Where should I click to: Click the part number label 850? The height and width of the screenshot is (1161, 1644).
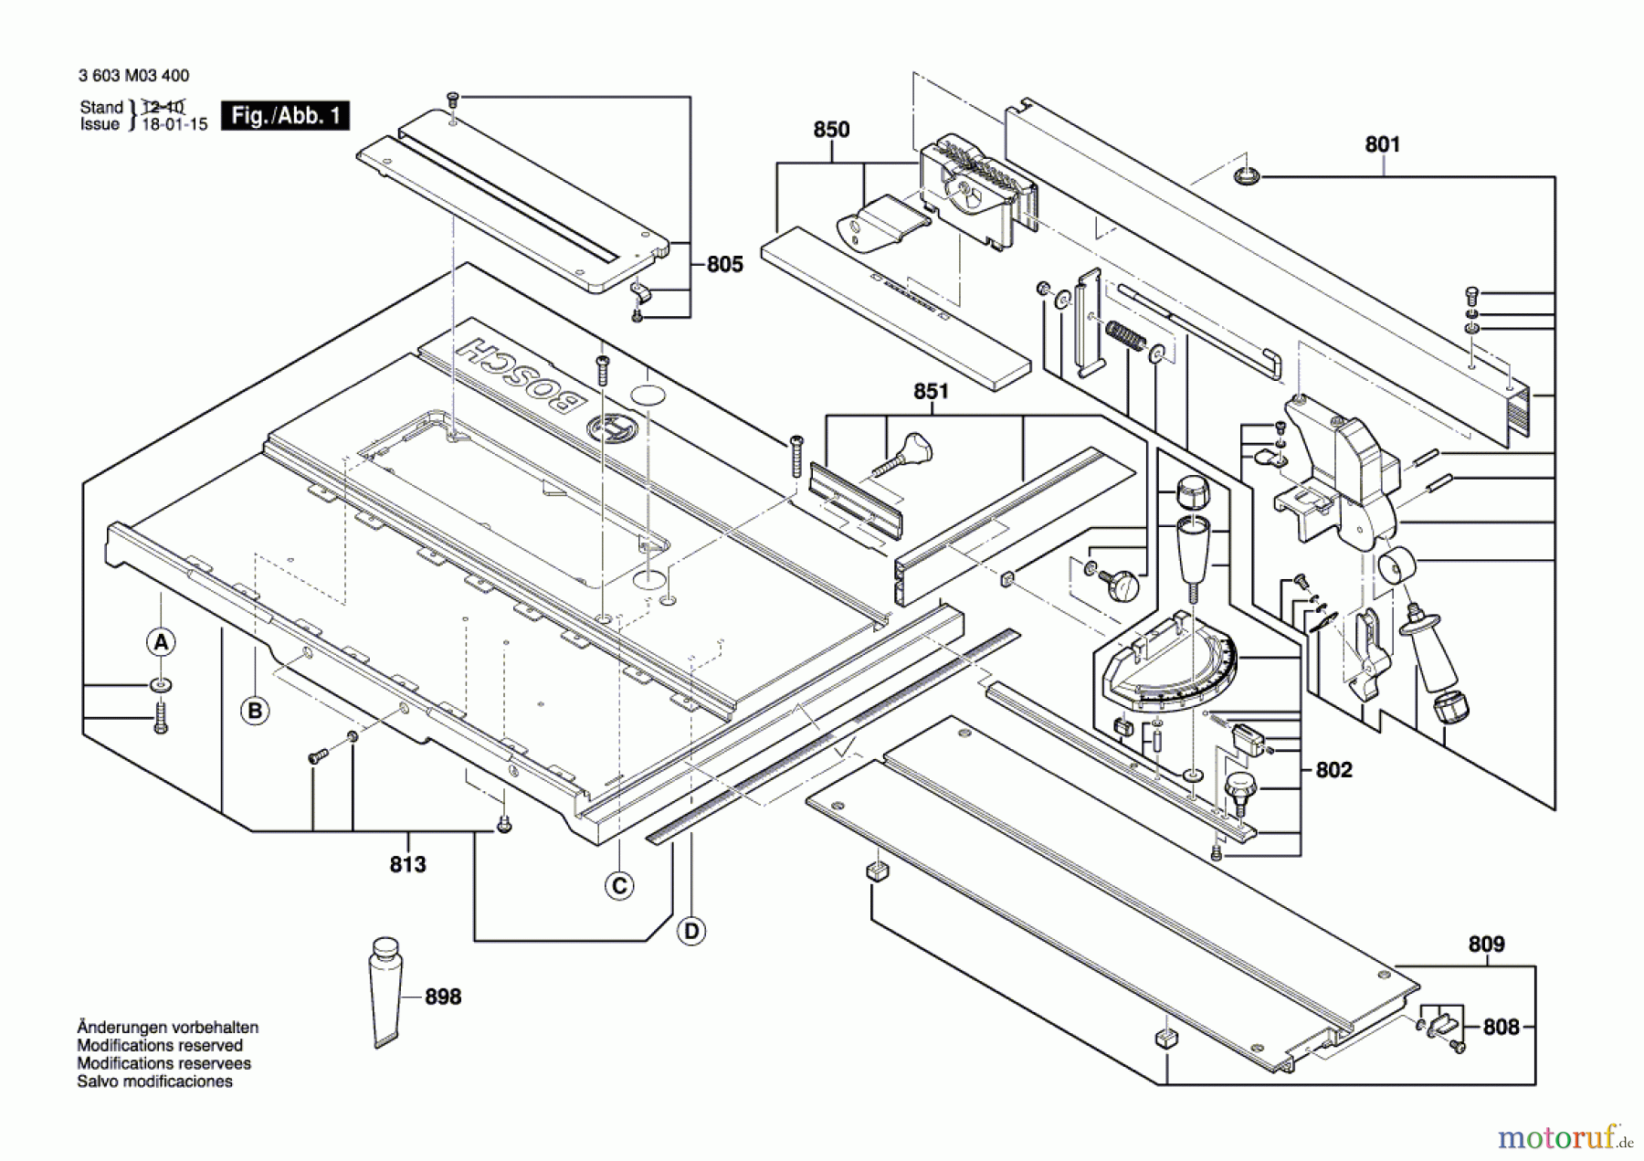tap(831, 130)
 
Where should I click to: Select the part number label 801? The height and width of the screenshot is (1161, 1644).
tap(1382, 144)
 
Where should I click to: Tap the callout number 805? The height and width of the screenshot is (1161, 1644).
tap(724, 264)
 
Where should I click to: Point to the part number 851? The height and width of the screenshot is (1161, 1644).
tap(931, 391)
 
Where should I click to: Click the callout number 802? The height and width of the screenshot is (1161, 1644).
tap(1333, 770)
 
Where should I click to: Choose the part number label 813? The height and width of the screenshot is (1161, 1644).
tap(407, 864)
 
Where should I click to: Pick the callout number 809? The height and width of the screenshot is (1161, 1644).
tap(1486, 944)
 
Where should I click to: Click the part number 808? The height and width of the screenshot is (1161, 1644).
tap(1501, 1027)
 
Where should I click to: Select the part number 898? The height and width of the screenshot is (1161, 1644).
tap(443, 997)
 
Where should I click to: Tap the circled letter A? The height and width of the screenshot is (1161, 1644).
tap(161, 642)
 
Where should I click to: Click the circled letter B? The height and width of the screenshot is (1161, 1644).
tap(255, 711)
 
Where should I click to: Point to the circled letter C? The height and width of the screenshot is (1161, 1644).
tap(619, 885)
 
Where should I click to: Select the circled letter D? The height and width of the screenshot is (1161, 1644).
tap(691, 931)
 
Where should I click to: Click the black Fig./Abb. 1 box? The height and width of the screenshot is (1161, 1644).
tap(285, 116)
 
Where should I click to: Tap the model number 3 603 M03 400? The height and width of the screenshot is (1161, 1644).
tap(134, 76)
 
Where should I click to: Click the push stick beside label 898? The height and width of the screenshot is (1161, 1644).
tap(385, 991)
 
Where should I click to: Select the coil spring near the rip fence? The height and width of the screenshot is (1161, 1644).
tap(1125, 335)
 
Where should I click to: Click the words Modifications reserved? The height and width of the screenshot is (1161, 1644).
tap(160, 1045)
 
